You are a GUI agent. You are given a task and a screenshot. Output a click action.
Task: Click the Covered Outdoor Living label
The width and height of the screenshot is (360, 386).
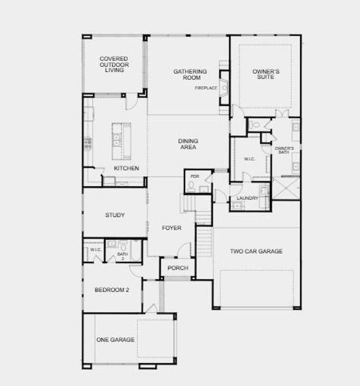point(113,64)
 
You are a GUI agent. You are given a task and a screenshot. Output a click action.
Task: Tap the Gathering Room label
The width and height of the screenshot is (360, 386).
point(190,74)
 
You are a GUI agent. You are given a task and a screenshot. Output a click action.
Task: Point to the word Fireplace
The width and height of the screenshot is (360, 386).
point(207,88)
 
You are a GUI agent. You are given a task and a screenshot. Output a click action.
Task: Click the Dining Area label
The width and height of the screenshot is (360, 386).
point(188,144)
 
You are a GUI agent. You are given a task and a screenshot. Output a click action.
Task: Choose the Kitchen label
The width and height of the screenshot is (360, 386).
point(127,169)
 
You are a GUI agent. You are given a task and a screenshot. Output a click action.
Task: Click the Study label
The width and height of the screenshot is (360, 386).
point(115,216)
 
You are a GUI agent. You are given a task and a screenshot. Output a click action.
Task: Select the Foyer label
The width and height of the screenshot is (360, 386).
point(171,228)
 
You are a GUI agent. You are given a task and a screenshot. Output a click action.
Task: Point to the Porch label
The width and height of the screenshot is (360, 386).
point(177,268)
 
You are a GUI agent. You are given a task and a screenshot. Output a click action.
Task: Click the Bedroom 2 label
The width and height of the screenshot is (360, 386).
point(113,290)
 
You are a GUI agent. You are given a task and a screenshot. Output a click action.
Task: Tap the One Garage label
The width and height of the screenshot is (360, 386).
point(116,340)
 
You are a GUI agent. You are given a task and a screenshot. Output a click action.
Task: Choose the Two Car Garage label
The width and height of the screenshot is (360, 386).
point(256,252)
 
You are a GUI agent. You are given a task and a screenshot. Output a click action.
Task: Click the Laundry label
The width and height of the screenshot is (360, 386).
point(248,198)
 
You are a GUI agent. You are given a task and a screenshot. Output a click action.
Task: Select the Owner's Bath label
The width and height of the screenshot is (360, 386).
point(284,151)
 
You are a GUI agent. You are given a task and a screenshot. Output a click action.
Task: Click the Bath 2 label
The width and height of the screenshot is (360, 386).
point(122,255)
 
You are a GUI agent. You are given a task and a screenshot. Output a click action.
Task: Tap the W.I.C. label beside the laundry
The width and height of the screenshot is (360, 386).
point(250,158)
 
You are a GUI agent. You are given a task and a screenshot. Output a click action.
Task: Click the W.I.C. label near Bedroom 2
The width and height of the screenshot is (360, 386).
point(95,250)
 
